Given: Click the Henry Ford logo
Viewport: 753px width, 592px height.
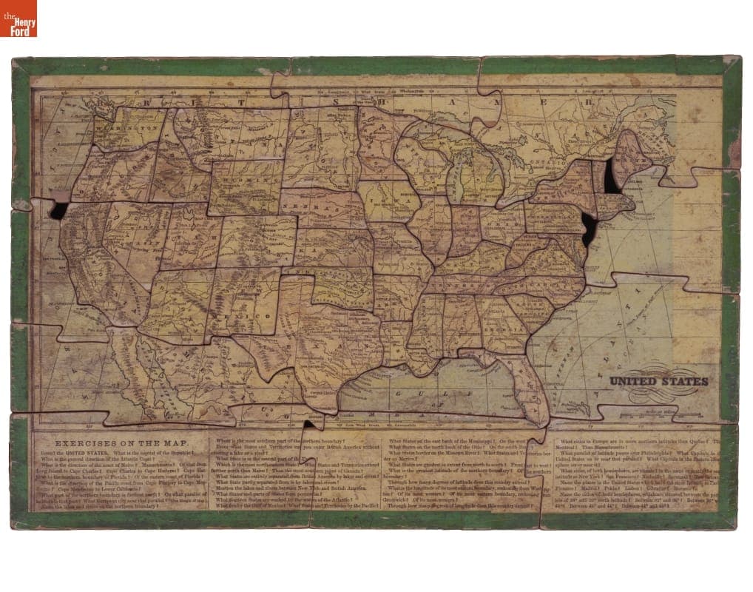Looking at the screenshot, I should pyautogui.click(x=18, y=18).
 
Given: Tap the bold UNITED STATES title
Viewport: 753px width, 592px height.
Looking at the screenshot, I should pyautogui.click(x=658, y=381).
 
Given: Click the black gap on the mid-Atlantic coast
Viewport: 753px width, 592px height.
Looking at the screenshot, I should pyautogui.click(x=589, y=229).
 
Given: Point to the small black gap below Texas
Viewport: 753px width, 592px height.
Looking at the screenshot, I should pyautogui.click(x=308, y=424).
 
